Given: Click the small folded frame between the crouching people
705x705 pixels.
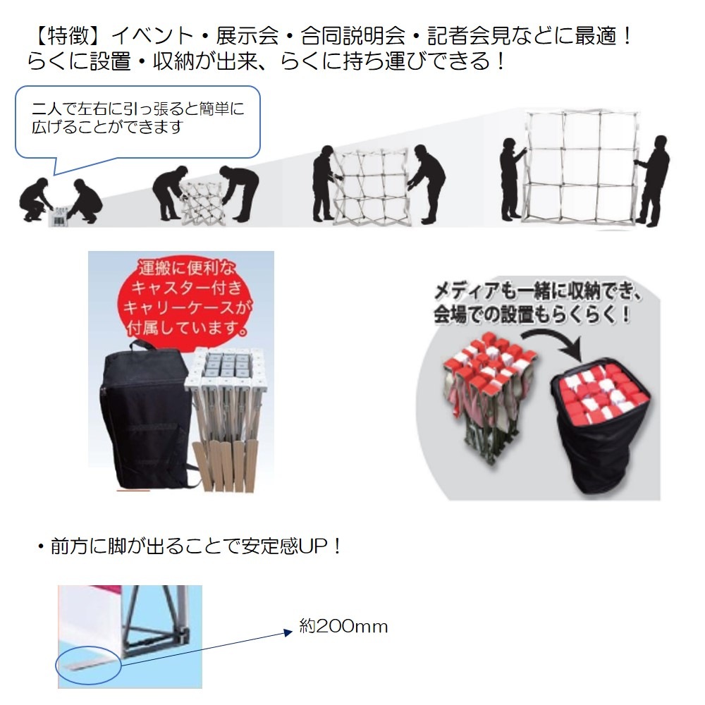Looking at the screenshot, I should [59, 216].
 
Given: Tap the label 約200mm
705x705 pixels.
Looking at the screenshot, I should [343, 626].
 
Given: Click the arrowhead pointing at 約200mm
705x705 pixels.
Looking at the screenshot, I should [288, 632].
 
